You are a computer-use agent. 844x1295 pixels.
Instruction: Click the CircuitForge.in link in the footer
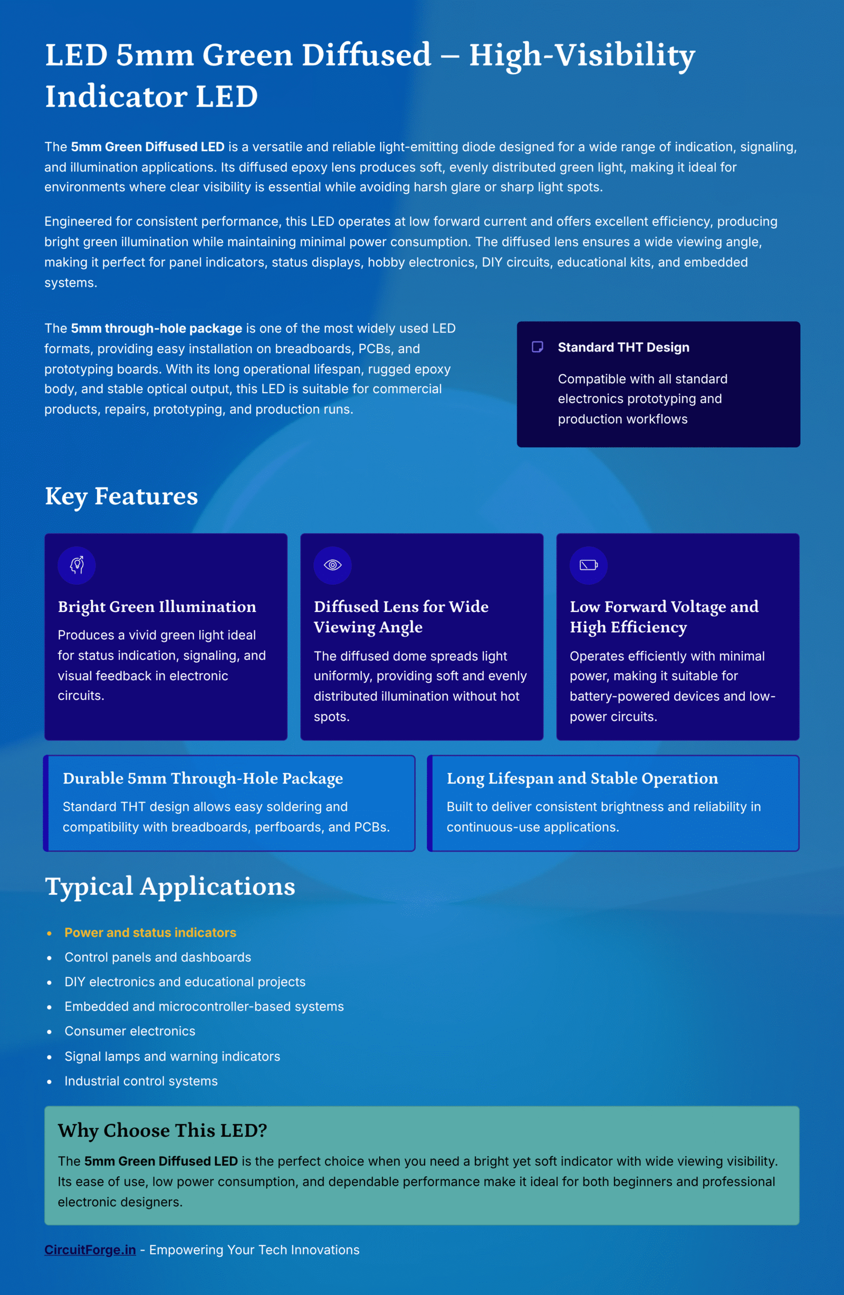tap(90, 1249)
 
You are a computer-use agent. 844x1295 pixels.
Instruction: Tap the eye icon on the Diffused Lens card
tap(332, 565)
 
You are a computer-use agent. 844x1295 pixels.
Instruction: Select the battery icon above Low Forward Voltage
tap(588, 565)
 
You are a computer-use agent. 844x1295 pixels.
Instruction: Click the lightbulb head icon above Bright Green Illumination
tap(76, 565)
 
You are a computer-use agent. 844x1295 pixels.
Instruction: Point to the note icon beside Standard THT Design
tap(538, 347)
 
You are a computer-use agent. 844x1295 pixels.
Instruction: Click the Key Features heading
tap(121, 496)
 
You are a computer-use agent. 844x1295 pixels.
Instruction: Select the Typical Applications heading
tap(170, 887)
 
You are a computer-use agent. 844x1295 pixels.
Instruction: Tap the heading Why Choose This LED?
tap(162, 1130)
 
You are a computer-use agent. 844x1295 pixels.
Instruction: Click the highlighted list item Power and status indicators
tap(150, 932)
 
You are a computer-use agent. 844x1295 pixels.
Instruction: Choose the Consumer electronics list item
tap(129, 1031)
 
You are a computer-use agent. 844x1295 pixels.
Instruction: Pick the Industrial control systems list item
tap(141, 1081)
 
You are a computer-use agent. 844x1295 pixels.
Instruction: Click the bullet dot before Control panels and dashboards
tap(50, 958)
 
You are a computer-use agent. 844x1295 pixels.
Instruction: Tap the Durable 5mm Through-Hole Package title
tap(203, 778)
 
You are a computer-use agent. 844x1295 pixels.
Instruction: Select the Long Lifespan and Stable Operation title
tap(582, 778)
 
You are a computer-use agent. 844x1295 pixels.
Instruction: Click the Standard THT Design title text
tap(623, 347)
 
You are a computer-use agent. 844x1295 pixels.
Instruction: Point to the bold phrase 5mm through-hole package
tap(156, 328)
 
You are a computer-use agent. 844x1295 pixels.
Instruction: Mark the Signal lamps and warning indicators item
tap(172, 1056)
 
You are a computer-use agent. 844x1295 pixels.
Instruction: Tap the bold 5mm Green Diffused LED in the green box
tap(160, 1161)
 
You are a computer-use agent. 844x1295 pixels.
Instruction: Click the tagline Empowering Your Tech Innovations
tap(254, 1250)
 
